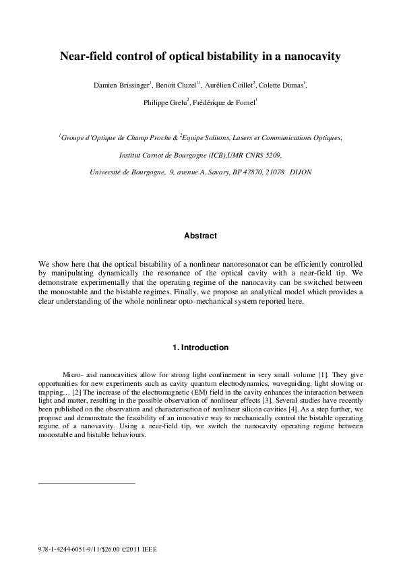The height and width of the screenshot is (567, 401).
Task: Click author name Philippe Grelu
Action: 163,103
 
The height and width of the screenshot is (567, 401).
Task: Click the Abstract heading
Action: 200,236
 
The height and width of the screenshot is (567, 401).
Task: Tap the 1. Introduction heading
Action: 200,348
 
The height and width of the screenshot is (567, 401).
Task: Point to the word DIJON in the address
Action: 300,172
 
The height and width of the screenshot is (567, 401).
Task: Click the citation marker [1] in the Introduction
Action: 322,372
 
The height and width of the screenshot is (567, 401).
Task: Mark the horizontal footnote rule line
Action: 87,483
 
